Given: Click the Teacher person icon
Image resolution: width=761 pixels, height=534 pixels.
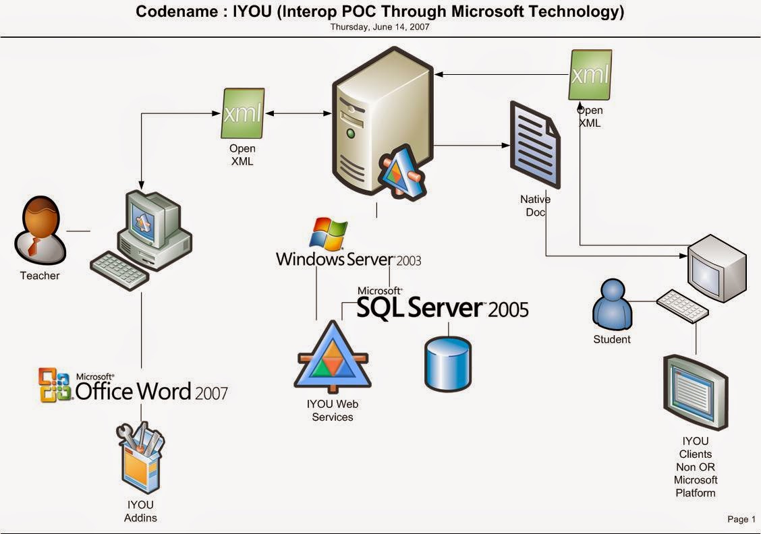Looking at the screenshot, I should (x=40, y=229).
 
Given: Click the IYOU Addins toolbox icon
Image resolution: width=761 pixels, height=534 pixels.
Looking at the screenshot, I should (x=141, y=459).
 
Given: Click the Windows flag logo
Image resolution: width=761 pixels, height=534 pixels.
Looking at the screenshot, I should (x=329, y=233).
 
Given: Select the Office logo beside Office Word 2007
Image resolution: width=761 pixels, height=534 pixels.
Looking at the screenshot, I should (x=55, y=385).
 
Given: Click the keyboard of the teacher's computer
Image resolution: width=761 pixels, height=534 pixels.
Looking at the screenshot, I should (x=120, y=272).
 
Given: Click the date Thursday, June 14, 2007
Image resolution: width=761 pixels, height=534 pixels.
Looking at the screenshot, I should (x=380, y=28).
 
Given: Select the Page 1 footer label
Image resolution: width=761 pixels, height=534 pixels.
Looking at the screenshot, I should (x=741, y=519).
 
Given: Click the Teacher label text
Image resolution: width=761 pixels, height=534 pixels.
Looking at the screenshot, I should (x=40, y=276).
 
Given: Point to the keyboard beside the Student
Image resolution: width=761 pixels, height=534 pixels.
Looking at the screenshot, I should (x=682, y=305).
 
